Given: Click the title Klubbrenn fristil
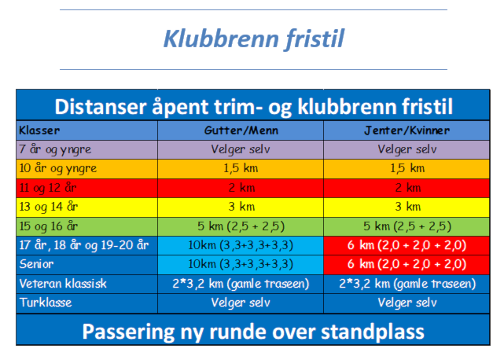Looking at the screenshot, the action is point(254,39).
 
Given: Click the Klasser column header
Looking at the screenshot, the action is point(39,130).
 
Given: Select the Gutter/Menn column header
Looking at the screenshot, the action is point(241,130).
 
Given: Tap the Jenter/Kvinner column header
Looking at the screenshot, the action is point(407,130).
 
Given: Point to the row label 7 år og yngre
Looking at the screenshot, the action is point(55,149).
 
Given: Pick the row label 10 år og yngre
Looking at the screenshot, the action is point(58,168).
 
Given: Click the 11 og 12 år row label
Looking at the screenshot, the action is point(48,188).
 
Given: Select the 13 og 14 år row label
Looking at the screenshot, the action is point(49,207).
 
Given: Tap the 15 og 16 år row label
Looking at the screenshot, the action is point(49,226).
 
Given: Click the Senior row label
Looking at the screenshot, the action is point(36,264).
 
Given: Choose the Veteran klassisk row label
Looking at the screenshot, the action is point(63,284).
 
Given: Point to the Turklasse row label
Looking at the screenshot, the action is point(46,303).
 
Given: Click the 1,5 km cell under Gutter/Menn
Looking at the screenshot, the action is point(241,168).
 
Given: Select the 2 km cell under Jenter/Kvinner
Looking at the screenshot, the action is point(407,188).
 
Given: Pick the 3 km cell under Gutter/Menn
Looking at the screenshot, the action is point(241,207).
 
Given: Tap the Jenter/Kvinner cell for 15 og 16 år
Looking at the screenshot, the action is point(407,226).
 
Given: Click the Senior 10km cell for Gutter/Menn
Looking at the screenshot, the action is point(241,264).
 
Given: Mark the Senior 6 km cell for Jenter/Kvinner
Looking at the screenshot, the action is point(407,264).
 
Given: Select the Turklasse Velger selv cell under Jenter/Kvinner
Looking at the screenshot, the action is point(407,303).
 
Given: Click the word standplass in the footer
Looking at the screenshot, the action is point(373,332).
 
